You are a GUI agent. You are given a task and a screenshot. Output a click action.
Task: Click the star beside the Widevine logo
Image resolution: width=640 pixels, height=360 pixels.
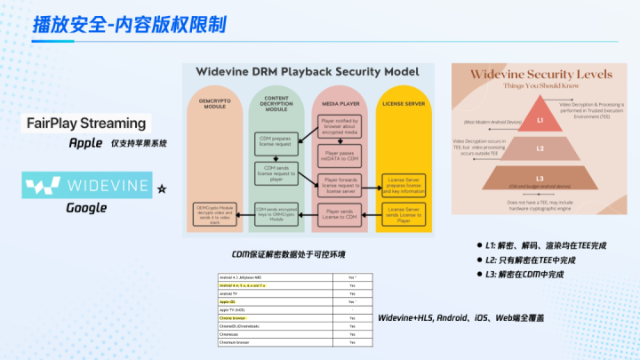(161, 189)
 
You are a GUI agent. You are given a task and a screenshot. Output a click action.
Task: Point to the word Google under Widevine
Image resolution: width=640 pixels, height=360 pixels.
(86, 208)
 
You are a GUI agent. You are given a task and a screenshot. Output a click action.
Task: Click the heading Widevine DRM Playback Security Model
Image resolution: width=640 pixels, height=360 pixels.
(308, 70)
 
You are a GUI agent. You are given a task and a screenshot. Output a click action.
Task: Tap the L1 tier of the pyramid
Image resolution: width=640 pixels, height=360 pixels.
(539, 118)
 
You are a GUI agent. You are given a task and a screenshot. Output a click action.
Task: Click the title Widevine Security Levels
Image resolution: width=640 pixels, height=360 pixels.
(539, 77)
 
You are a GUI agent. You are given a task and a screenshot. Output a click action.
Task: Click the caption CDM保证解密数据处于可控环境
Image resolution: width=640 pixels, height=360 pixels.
(288, 254)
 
